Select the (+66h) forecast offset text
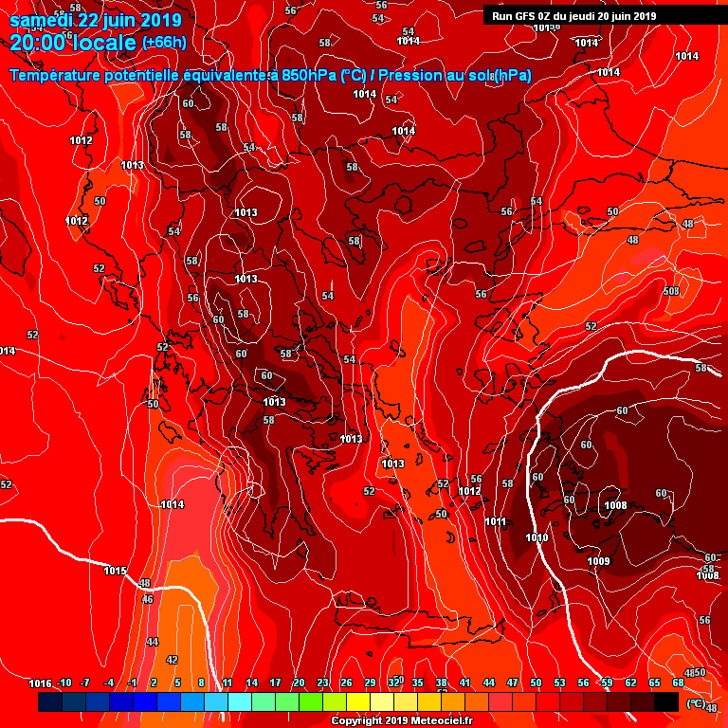click(x=164, y=43)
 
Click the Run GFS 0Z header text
click(x=526, y=16)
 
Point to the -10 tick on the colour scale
click(x=64, y=683)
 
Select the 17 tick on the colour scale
click(x=276, y=683)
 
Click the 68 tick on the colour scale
click(x=678, y=683)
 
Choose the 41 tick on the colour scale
click(x=464, y=683)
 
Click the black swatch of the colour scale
click(x=666, y=701)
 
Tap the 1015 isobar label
click(x=116, y=571)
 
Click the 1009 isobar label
click(x=598, y=561)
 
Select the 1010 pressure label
click(x=537, y=537)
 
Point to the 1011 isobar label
click(x=496, y=521)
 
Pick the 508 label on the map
click(x=671, y=291)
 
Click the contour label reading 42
click(x=172, y=660)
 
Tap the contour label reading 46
click(x=147, y=599)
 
